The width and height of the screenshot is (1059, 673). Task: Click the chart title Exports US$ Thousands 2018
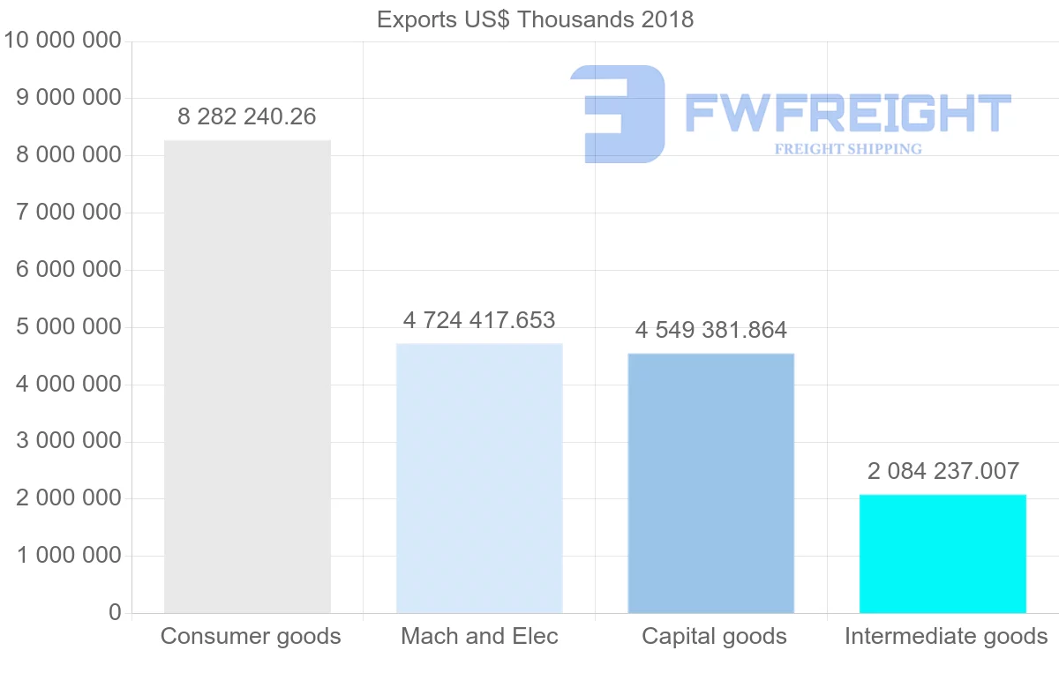tap(535, 19)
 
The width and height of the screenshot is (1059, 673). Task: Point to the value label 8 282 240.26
tap(247, 116)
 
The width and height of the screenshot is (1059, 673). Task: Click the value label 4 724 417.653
tap(479, 319)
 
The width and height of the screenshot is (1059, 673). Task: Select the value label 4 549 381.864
tap(710, 331)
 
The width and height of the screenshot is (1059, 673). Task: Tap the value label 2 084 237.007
tap(943, 472)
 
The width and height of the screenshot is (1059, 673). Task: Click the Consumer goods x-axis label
tap(251, 636)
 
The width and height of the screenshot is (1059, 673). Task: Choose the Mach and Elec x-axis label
tap(479, 636)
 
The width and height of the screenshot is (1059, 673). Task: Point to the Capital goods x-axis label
tap(714, 636)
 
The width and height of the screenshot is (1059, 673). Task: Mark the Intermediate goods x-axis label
tap(946, 636)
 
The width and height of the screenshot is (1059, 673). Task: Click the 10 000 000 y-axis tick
tap(62, 41)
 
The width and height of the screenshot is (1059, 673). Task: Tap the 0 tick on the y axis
tap(115, 613)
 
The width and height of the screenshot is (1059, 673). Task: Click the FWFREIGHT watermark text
tap(847, 114)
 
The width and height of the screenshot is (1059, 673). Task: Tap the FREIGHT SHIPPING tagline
tap(848, 149)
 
